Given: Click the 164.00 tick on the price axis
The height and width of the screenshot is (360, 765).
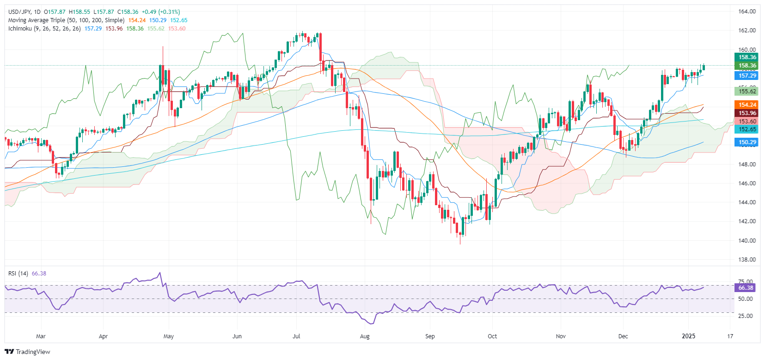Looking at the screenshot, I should pos(747,12).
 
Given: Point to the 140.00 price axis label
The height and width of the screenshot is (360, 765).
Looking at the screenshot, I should pos(747,240).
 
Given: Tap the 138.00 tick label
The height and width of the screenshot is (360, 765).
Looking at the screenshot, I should pos(747,259).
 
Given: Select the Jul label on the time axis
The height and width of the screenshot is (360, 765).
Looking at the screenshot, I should pos(296,336).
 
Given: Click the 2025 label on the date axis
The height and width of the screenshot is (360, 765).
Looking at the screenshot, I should pos(689,336).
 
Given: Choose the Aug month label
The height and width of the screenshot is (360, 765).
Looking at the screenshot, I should pos(365,336).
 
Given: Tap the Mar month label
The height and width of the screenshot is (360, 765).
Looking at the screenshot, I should pos(41,336).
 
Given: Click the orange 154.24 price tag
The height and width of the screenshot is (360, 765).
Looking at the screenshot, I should pos(747,105).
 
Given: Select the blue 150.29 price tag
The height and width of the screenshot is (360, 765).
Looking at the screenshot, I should pos(747,142).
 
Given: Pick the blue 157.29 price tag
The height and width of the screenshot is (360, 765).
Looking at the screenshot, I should pos(747,76).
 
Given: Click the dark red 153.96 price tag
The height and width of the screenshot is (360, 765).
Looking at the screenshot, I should pos(747,113).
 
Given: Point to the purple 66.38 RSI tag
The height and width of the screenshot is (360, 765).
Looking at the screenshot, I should pos(746,287).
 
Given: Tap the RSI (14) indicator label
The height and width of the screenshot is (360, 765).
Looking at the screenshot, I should pos(18,274).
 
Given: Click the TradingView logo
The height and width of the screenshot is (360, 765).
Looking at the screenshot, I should pos(28,352).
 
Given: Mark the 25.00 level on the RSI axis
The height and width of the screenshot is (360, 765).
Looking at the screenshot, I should pos(746,316).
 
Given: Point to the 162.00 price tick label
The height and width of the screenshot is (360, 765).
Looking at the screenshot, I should pos(747,31).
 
